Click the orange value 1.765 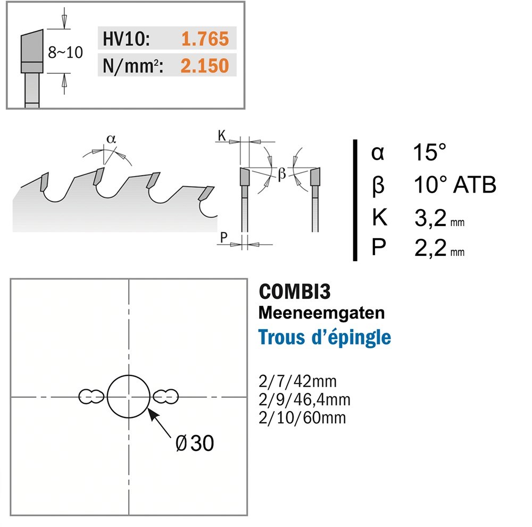205,38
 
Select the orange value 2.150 205,65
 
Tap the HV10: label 126,38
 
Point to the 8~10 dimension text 65,52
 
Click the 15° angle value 429,152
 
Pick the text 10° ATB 455,185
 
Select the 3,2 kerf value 430,218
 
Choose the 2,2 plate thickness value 430,248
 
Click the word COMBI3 295,291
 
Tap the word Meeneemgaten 322,313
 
